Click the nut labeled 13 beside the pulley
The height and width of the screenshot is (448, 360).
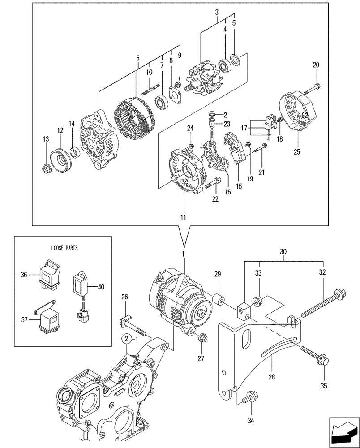point(47,169)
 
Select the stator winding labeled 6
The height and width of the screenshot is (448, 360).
point(132,118)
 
